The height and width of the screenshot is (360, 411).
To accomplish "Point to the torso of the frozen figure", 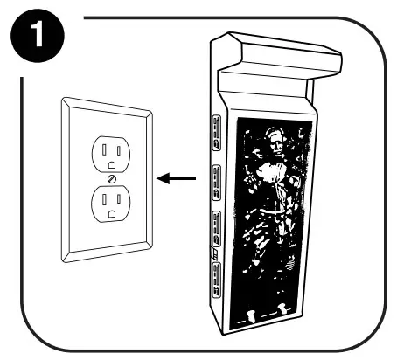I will click(x=272, y=188).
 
